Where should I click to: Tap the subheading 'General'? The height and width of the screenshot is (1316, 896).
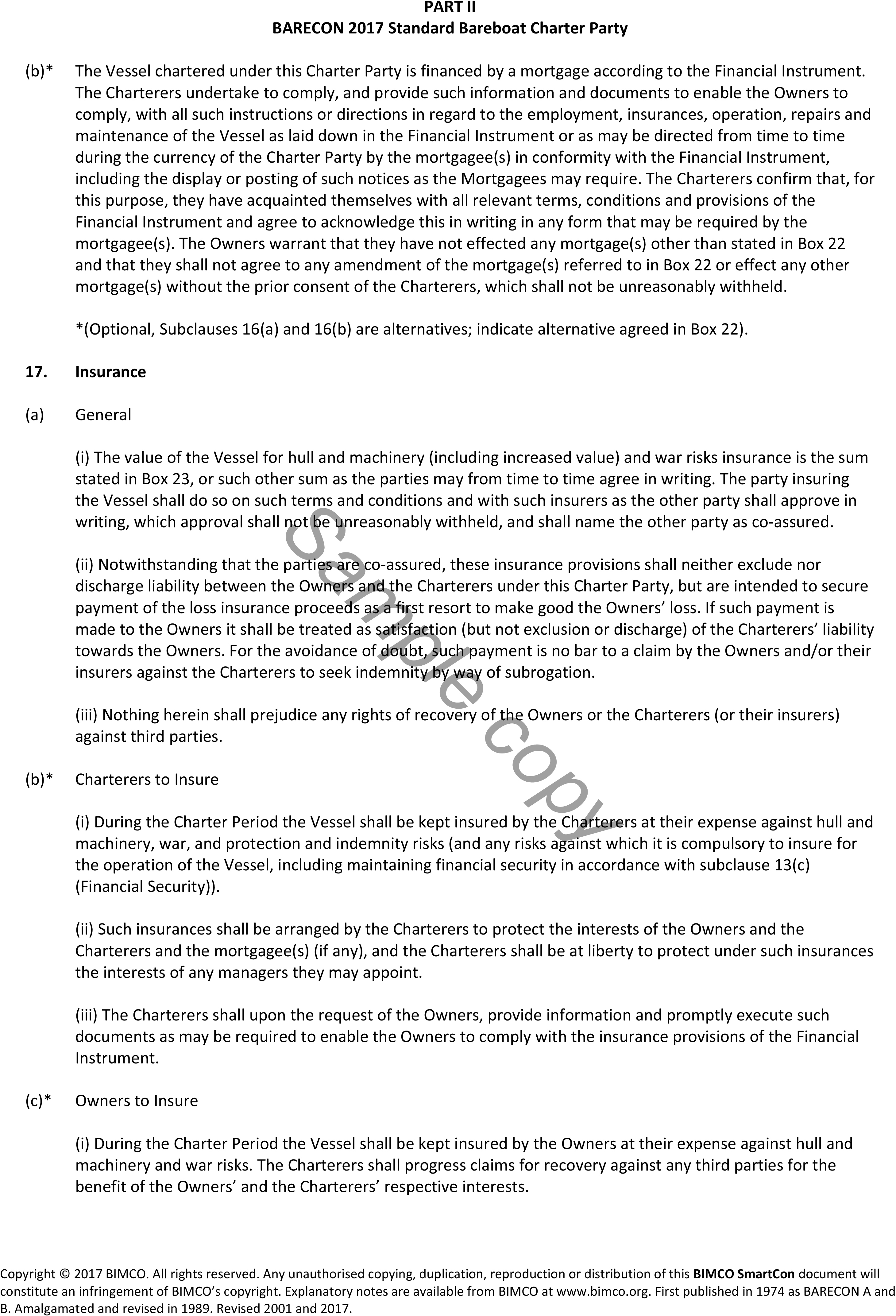pyautogui.click(x=103, y=415)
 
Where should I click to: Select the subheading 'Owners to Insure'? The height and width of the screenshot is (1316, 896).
pyautogui.click(x=137, y=1101)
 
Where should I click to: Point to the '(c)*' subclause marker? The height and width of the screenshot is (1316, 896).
pyautogui.click(x=38, y=1101)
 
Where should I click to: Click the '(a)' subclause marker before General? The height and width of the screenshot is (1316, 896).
pyautogui.click(x=35, y=415)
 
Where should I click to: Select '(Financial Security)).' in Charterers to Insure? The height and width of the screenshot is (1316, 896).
pyautogui.click(x=147, y=886)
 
